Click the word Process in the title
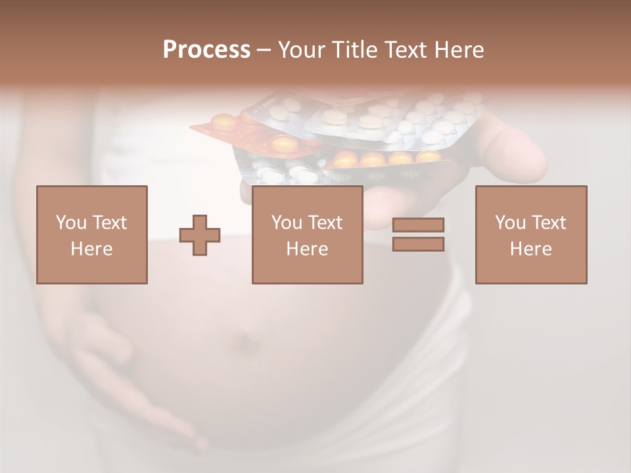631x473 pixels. [x=206, y=50]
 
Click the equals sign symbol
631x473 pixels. [x=418, y=235]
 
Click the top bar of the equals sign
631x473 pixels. [x=418, y=225]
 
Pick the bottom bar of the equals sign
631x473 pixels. [x=418, y=244]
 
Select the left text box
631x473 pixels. [x=92, y=235]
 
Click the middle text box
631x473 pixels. [x=307, y=235]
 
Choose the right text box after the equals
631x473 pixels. [x=531, y=235]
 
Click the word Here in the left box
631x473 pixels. [x=92, y=249]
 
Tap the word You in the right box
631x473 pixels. [x=510, y=223]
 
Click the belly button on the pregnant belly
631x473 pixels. [x=245, y=342]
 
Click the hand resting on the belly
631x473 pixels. [x=125, y=374]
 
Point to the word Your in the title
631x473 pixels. [x=302, y=50]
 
